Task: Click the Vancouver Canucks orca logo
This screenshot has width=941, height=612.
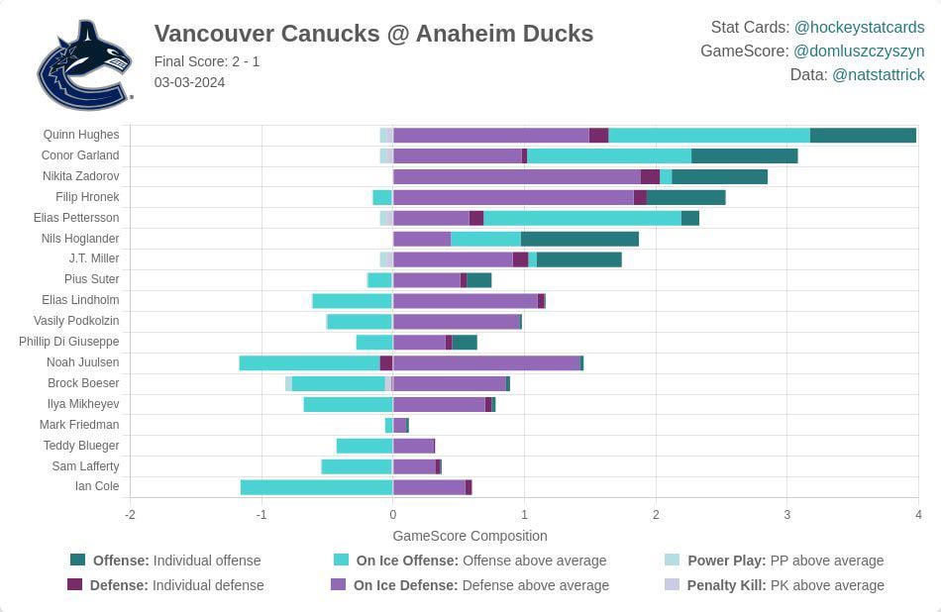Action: tap(84, 64)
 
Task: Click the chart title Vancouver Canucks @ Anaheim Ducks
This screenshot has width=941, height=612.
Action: tap(373, 34)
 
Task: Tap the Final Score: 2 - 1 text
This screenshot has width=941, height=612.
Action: tap(207, 61)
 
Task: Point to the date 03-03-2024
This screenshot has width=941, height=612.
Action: tap(189, 82)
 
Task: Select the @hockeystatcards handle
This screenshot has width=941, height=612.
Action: tap(859, 28)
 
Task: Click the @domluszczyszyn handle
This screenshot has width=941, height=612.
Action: tap(859, 51)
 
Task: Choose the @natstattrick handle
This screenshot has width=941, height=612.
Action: tap(879, 74)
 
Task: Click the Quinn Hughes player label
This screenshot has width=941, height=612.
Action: tap(81, 135)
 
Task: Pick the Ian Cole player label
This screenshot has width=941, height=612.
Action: tap(97, 486)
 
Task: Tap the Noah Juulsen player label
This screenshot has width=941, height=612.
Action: tap(82, 362)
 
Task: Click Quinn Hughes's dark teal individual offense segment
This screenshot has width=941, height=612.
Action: tap(863, 135)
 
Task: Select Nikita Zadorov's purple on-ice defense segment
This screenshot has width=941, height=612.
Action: tap(516, 176)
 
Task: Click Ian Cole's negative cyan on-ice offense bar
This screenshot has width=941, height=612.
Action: tap(316, 486)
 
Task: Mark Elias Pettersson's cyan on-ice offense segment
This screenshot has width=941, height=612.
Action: tap(581, 218)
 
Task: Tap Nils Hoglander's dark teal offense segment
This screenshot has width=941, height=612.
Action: tap(579, 239)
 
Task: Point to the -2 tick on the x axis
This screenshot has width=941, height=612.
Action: tap(130, 515)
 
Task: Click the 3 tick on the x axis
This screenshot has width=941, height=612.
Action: tap(786, 515)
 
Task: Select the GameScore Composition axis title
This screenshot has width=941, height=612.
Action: tap(470, 536)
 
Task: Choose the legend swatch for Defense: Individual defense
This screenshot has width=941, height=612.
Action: tap(75, 585)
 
